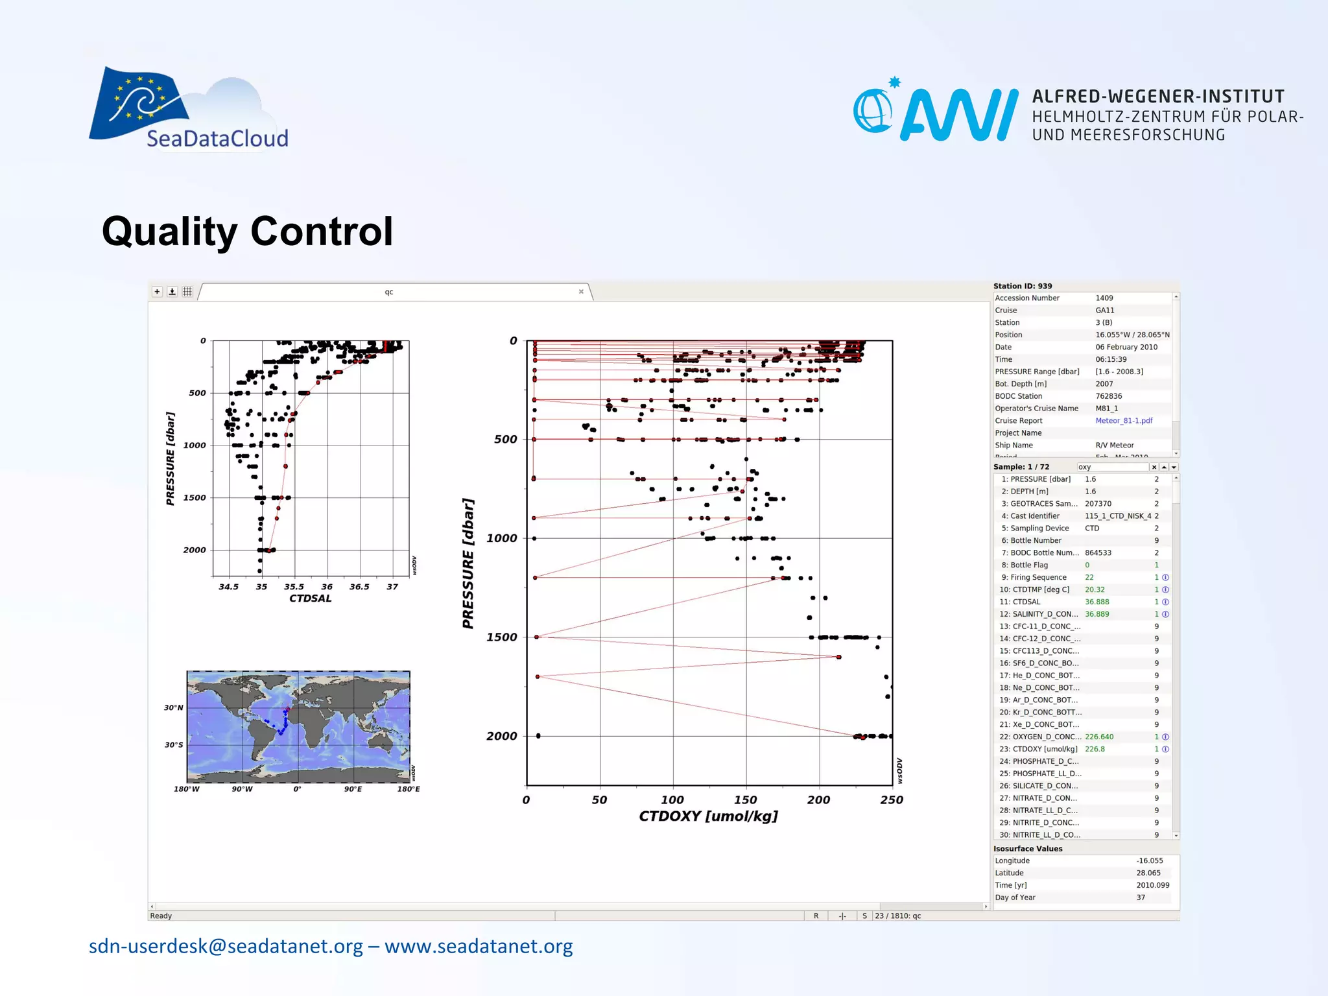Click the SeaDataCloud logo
point(188,109)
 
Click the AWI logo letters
point(958,115)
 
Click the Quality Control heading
point(247,231)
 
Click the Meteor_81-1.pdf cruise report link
point(1124,421)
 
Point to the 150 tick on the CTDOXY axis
point(746,800)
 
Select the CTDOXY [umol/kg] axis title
point(708,816)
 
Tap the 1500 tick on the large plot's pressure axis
point(502,637)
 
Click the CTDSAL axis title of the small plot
point(310,599)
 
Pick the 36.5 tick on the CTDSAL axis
point(359,587)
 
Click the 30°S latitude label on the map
point(173,745)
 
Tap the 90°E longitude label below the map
point(353,789)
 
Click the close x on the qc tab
point(581,292)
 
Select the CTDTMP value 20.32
point(1095,589)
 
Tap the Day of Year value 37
point(1141,897)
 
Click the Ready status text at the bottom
point(161,916)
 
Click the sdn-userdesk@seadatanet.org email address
point(226,946)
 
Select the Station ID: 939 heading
point(1023,286)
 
